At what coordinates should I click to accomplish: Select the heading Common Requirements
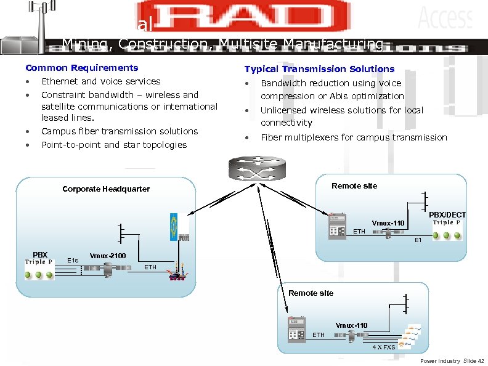pyautogui.click(x=81, y=68)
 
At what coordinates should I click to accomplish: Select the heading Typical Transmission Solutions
pyautogui.click(x=319, y=69)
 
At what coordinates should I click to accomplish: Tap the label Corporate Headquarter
pyautogui.click(x=106, y=189)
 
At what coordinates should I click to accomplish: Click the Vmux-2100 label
pyautogui.click(x=108, y=255)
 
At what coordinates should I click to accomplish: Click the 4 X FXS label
pyautogui.click(x=383, y=348)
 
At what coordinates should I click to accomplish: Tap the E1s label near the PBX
pyautogui.click(x=73, y=260)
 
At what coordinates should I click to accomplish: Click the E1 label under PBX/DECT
pyautogui.click(x=418, y=240)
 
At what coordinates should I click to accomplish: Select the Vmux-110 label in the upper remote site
pyautogui.click(x=388, y=223)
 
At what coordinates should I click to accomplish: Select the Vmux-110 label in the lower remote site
pyautogui.click(x=351, y=325)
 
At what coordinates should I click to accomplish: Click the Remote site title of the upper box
pyautogui.click(x=354, y=186)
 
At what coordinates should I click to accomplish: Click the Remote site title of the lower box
pyautogui.click(x=311, y=293)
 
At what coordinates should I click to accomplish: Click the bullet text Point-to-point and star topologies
pyautogui.click(x=114, y=145)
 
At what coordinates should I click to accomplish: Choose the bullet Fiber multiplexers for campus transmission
pyautogui.click(x=354, y=137)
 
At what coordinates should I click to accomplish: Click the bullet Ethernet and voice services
pyautogui.click(x=100, y=81)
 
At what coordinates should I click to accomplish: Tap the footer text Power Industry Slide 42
pyautogui.click(x=452, y=360)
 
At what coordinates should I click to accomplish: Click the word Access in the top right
pyautogui.click(x=445, y=18)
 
